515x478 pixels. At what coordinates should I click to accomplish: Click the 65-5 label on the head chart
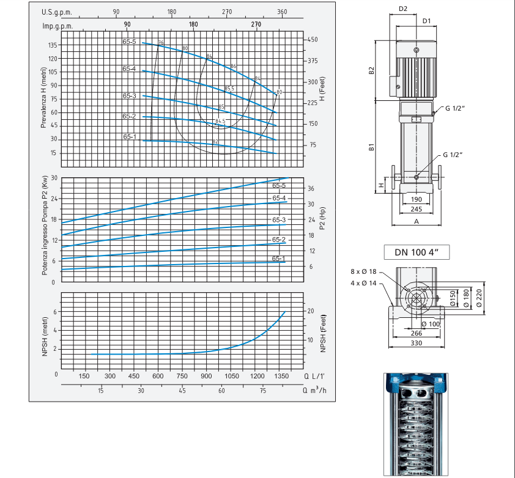129,42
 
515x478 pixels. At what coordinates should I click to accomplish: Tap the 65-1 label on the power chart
279,259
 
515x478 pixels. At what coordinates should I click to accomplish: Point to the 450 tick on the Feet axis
313,40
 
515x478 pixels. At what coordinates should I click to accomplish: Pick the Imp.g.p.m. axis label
57,25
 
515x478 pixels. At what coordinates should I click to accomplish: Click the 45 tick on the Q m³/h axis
182,391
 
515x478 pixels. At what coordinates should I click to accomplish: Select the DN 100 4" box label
418,252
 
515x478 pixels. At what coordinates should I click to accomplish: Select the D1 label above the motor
427,21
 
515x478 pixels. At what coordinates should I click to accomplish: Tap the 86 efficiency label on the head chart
233,66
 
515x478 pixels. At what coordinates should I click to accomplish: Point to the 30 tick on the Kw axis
53,178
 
